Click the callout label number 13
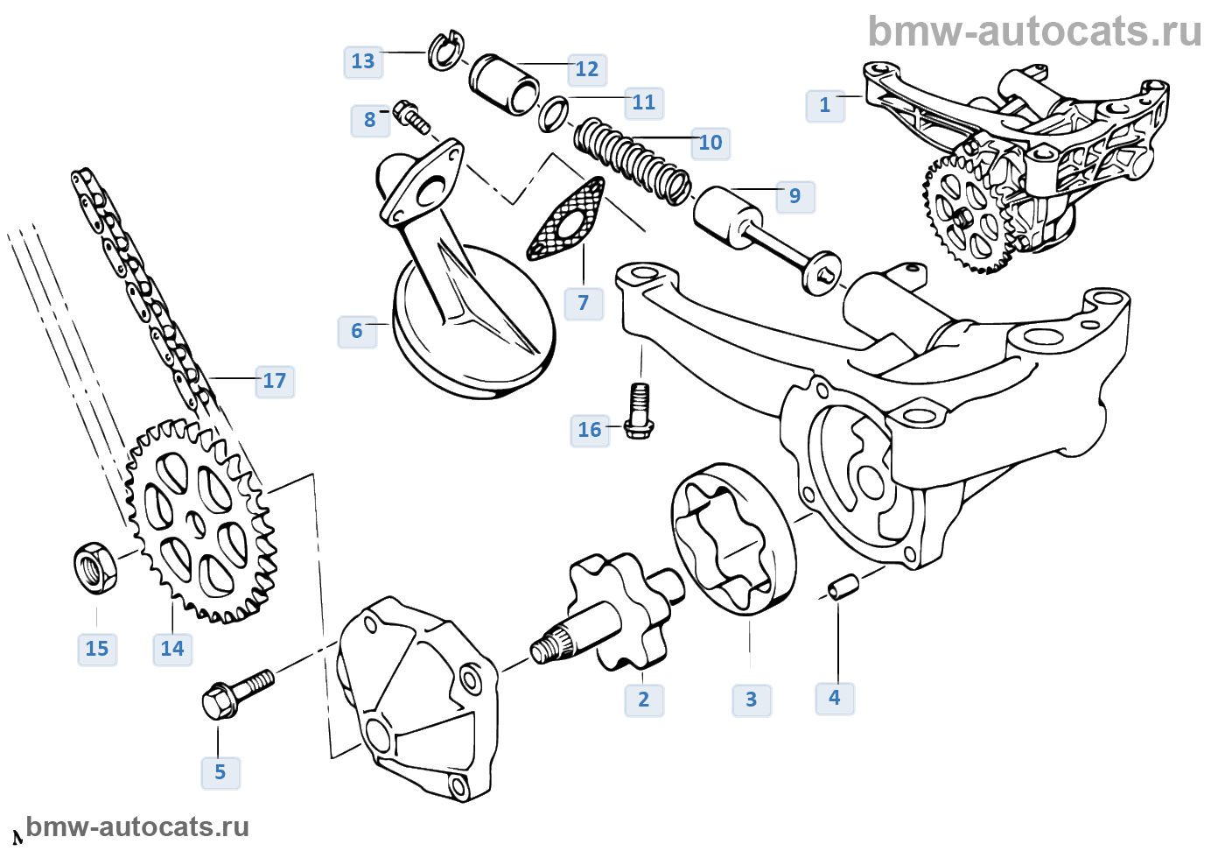tap(363, 61)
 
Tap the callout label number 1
tap(824, 105)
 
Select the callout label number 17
tap(274, 381)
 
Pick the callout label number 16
tap(589, 430)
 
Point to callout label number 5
tap(220, 772)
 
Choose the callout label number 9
tap(794, 196)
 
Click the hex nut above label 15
tap(94, 566)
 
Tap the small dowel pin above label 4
tap(842, 587)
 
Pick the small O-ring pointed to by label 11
tap(553, 115)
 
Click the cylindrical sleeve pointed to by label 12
tap(504, 85)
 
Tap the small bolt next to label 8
tap(411, 117)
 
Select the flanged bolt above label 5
tap(236, 693)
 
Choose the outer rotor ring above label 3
tap(733, 539)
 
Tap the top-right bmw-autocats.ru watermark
tap(1034, 32)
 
